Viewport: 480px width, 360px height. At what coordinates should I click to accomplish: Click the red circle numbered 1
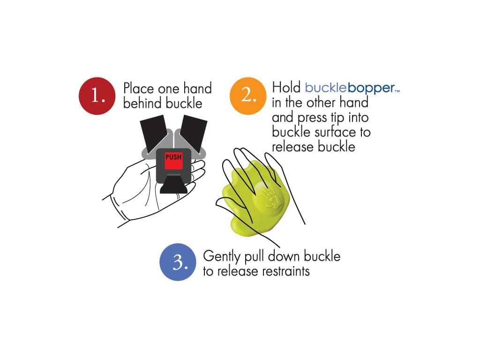coord(97,96)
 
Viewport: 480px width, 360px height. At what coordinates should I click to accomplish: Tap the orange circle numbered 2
coord(248,96)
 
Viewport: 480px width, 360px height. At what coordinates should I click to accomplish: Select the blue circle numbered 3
coord(178,262)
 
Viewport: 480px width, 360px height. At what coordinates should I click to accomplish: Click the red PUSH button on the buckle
coord(173,161)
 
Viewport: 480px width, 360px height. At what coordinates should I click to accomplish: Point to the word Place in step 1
coord(139,89)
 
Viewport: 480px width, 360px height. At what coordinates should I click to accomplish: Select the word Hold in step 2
coord(286,88)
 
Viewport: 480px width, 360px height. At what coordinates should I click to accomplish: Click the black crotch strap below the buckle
coord(173,185)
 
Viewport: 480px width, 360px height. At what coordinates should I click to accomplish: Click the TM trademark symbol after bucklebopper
coord(397,91)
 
